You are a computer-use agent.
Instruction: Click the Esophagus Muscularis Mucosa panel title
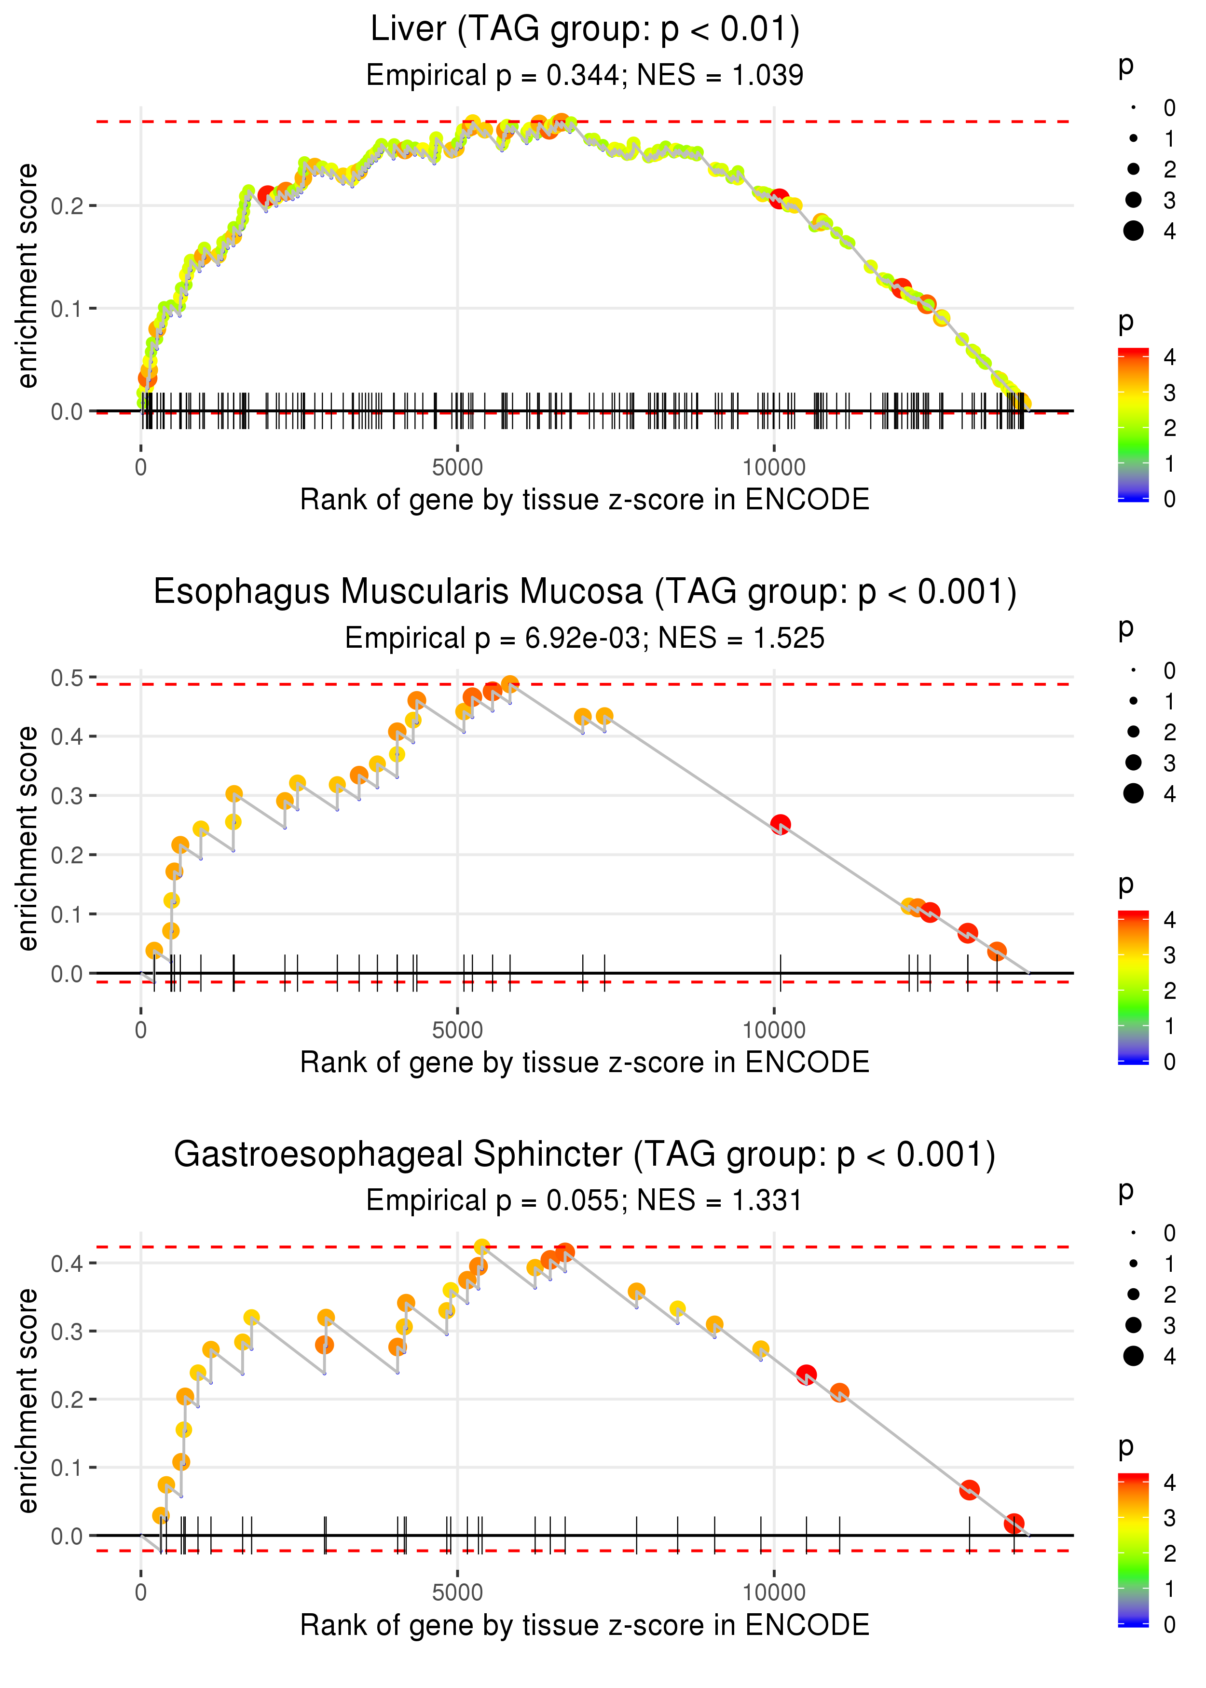click(x=585, y=592)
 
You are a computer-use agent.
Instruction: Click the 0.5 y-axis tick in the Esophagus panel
click(x=67, y=678)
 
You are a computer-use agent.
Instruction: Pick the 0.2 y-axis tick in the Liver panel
click(x=67, y=205)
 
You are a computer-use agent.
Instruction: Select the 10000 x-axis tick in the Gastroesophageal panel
click(x=774, y=1592)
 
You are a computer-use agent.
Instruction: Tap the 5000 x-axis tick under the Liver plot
click(x=457, y=468)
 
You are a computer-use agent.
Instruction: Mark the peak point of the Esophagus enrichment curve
click(x=509, y=684)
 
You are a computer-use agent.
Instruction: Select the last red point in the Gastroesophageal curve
click(x=1014, y=1524)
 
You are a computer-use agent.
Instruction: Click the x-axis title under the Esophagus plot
click(x=585, y=1063)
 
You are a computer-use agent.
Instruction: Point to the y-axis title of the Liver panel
click(x=28, y=276)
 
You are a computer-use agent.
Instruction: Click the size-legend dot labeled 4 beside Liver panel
click(x=1133, y=231)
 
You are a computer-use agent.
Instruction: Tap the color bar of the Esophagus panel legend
click(x=1133, y=987)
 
